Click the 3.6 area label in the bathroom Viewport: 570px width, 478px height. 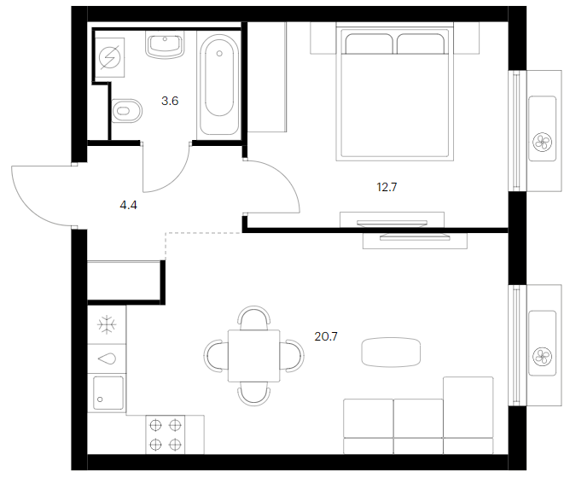tap(170, 101)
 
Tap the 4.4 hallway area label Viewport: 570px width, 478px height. tap(128, 206)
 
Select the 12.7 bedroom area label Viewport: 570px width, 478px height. tap(387, 187)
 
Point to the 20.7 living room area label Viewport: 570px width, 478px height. tap(326, 336)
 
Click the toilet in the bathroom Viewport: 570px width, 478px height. tap(126, 111)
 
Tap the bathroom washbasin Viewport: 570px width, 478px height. tap(166, 44)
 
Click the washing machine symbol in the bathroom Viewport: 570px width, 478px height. tap(109, 57)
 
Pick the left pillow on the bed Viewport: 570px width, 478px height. tap(369, 44)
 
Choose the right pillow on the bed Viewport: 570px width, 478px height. tap(421, 44)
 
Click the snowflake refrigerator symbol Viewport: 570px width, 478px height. tap(107, 324)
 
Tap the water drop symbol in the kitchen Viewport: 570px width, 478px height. tap(107, 359)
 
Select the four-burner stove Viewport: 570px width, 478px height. tap(166, 434)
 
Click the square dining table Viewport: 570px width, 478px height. tap(253, 355)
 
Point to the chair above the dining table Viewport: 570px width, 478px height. tap(254, 317)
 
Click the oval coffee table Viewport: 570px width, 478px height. tap(391, 352)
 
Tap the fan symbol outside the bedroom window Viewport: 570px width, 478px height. tap(542, 142)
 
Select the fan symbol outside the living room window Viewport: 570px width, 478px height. tap(542, 357)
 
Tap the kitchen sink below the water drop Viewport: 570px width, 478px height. tap(108, 393)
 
